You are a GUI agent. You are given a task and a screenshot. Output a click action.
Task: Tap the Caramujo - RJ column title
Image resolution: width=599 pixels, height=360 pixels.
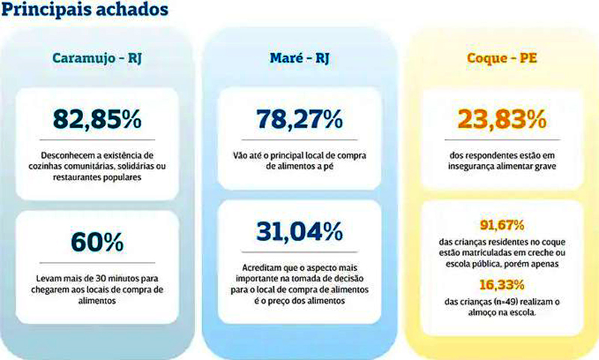point(99,58)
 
